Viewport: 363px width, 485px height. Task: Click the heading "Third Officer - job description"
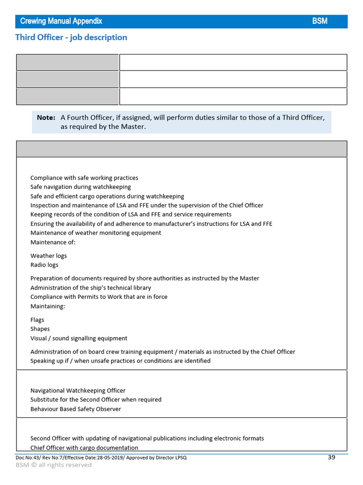[71, 37]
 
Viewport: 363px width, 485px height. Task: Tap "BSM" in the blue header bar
[320, 21]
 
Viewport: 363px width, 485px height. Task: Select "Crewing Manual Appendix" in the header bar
[61, 21]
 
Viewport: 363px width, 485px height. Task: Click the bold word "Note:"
[46, 117]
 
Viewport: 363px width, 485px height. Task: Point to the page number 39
[331, 457]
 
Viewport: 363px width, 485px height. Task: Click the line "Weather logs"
[49, 256]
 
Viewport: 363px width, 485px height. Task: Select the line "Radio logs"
[44, 265]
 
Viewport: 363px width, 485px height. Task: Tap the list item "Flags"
[37, 320]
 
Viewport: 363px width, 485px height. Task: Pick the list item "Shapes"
[40, 329]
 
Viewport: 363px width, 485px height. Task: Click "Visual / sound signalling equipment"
[79, 338]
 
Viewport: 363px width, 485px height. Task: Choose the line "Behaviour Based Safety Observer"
[76, 409]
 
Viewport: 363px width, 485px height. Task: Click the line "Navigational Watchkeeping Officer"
[78, 391]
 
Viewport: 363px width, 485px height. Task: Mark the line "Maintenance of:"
[53, 242]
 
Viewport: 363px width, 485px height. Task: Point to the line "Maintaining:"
[48, 306]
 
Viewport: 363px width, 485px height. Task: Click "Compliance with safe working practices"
[84, 178]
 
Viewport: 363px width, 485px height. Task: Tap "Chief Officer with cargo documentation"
[84, 448]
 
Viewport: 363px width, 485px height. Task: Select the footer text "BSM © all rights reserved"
[53, 465]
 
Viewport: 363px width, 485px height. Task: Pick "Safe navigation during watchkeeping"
[80, 187]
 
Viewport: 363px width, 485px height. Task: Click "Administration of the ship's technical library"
[91, 288]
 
